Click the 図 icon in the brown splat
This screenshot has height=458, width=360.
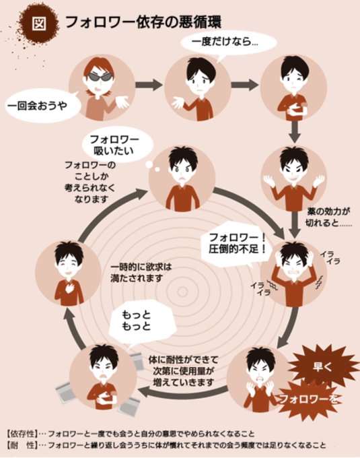39,24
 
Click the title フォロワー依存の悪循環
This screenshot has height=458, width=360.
143,22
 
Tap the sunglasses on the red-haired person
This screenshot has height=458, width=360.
100,77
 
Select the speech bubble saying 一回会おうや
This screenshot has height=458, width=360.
42,106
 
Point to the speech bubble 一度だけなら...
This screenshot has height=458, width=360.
228,43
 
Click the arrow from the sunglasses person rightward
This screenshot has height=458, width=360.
149,85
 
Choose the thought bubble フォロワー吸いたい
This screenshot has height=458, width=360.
116,145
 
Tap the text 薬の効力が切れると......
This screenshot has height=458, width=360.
328,217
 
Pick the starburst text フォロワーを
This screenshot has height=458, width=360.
309,399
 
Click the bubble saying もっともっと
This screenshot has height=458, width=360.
142,321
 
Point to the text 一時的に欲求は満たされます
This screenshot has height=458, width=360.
141,272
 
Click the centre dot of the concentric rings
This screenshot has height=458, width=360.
182,291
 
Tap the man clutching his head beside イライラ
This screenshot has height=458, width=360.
293,273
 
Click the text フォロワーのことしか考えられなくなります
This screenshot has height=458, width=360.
90,182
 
